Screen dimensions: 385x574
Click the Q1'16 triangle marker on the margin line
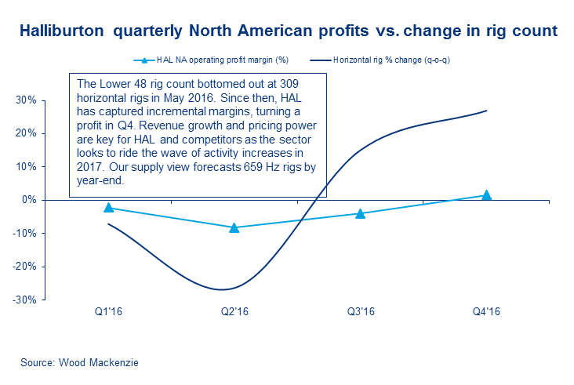pyautogui.click(x=108, y=208)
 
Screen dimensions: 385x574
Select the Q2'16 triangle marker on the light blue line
pyautogui.click(x=234, y=227)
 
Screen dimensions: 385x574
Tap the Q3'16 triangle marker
pyautogui.click(x=361, y=213)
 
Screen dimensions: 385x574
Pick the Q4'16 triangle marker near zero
pyautogui.click(x=486, y=195)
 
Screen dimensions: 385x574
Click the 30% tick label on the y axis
pyautogui.click(x=26, y=100)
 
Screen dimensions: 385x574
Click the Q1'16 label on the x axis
pyautogui.click(x=108, y=311)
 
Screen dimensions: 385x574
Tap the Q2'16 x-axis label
pyautogui.click(x=234, y=311)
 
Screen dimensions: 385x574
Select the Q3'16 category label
pyautogui.click(x=360, y=311)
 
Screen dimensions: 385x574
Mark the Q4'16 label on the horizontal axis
pyautogui.click(x=486, y=311)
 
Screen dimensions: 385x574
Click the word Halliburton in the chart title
pyautogui.click(x=62, y=32)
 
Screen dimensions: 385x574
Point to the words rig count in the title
pyautogui.click(x=524, y=32)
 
